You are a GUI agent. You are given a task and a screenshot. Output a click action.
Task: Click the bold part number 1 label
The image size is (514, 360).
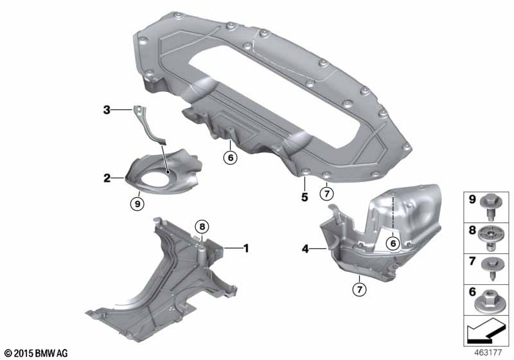[x=244, y=247]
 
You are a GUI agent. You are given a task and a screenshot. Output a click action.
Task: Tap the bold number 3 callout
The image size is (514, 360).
[x=107, y=111]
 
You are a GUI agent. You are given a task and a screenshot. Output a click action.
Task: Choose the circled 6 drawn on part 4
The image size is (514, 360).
[x=391, y=242]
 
